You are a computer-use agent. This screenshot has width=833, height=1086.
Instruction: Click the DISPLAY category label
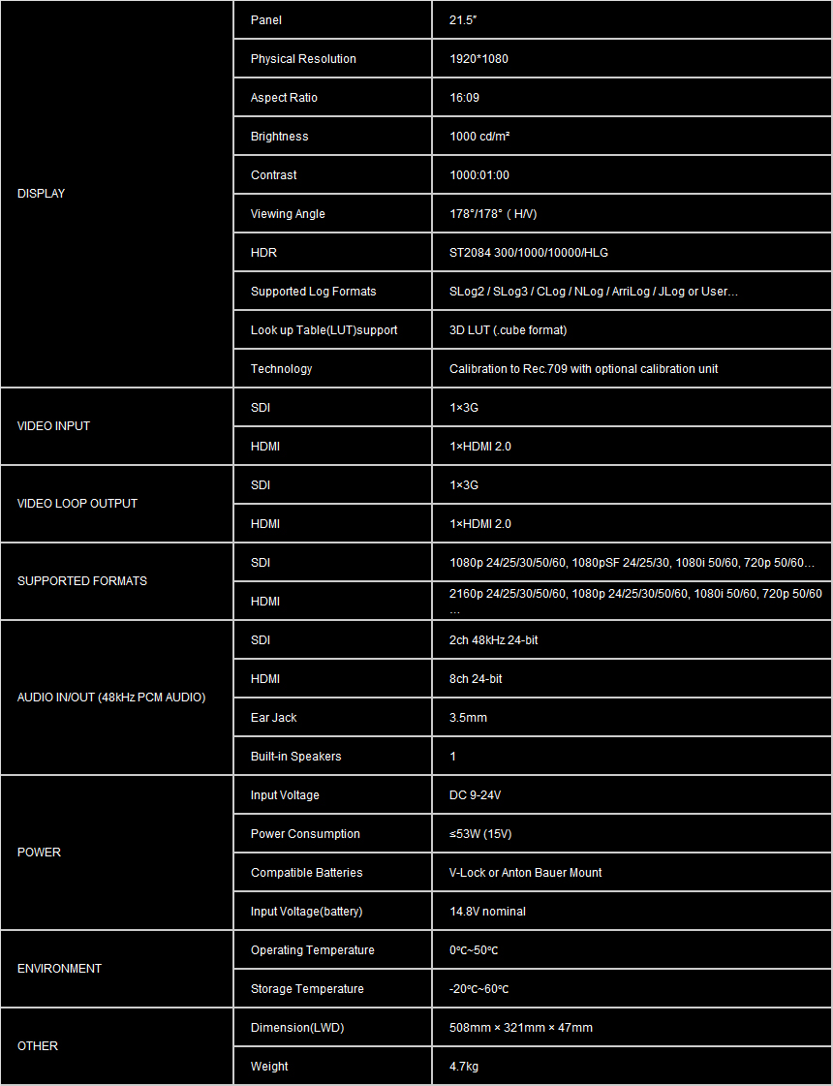[x=42, y=194]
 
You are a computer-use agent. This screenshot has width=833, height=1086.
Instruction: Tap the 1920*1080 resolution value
[x=478, y=59]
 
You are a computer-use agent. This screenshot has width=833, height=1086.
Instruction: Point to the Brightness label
[x=279, y=137]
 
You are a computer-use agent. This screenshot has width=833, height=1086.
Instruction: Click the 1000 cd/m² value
[x=479, y=137]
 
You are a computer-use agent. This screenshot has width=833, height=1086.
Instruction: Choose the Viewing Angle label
[x=288, y=214]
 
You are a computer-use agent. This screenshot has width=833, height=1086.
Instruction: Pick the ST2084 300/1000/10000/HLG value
[x=529, y=253]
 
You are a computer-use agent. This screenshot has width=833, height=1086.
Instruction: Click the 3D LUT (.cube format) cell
[x=508, y=330]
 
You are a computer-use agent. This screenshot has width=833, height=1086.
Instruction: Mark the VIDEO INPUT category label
[x=54, y=426]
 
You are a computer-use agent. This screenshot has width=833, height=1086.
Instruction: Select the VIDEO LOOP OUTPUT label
[x=77, y=504]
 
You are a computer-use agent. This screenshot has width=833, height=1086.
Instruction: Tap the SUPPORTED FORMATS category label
[x=82, y=581]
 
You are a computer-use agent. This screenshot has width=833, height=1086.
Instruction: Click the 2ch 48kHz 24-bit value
[x=493, y=640]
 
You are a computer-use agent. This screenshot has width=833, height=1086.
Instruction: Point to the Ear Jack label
[x=273, y=718]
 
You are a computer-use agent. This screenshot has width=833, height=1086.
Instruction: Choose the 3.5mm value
[x=468, y=718]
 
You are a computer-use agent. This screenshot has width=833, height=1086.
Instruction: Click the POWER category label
[x=39, y=853]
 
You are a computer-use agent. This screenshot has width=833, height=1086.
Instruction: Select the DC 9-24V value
[x=475, y=795]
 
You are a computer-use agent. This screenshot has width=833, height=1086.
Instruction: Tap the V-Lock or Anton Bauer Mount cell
[x=525, y=873]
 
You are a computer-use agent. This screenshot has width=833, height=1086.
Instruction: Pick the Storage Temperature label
[x=307, y=989]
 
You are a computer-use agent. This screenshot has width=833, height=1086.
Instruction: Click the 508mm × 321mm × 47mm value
[x=520, y=1028]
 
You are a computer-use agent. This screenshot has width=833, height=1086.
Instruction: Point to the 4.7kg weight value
[x=464, y=1067]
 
